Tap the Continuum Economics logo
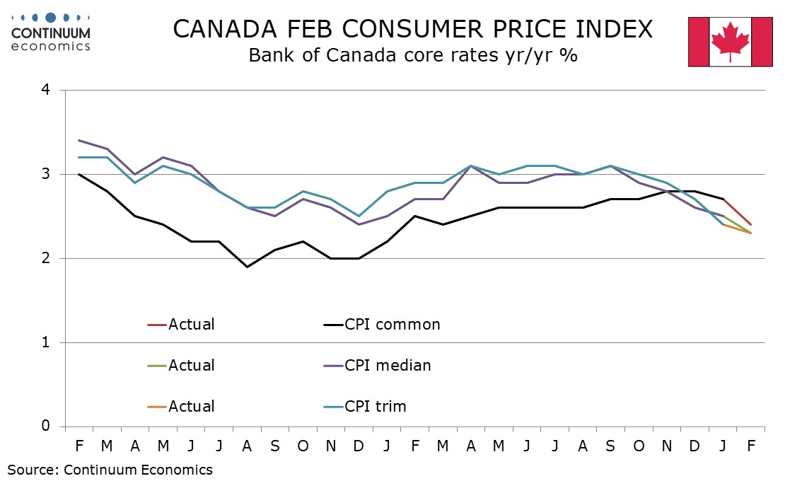[51, 32]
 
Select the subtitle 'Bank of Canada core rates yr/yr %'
[413, 56]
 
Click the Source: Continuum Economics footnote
[110, 469]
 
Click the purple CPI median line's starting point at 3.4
[79, 140]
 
